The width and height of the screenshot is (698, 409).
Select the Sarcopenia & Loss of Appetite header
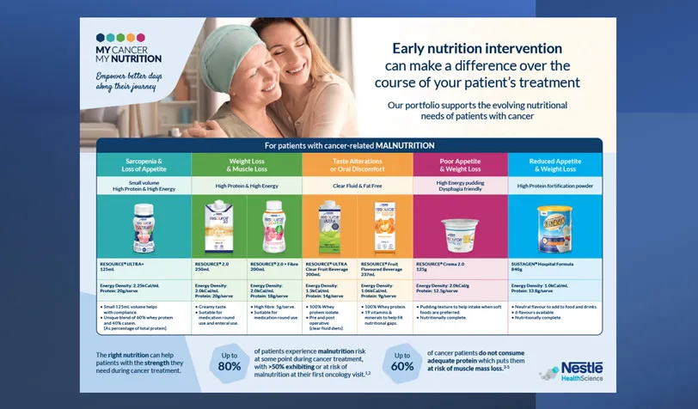(143, 165)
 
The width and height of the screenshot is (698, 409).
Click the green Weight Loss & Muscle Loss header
(245, 165)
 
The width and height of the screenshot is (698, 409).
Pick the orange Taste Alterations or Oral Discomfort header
(357, 165)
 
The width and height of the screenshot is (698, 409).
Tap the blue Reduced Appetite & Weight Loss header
(554, 165)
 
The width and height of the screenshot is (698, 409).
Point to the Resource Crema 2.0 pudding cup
(457, 234)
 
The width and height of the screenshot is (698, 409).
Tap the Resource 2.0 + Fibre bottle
(273, 227)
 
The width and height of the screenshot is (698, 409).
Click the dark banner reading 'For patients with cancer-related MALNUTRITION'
(349, 145)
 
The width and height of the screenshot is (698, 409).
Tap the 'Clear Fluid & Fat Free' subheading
(357, 186)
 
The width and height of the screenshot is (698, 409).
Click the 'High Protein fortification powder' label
(554, 186)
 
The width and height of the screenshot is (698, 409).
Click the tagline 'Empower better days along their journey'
(129, 82)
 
